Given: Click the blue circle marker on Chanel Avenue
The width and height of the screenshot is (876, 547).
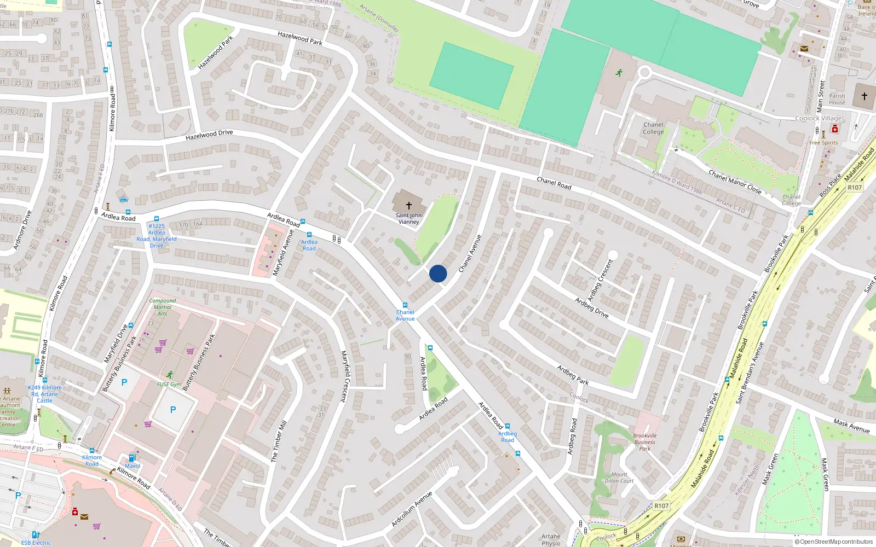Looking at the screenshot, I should coord(438,273).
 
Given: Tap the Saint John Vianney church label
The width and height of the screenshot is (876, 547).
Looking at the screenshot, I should coord(408,219).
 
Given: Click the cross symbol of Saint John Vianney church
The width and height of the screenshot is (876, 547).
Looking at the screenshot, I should coord(408,206).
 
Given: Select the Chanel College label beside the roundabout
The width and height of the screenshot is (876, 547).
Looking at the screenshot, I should coord(653,128).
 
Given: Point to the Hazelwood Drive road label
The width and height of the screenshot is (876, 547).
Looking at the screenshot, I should coord(209,135).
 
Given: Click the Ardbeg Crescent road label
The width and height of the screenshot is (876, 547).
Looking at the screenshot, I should coord(600,280).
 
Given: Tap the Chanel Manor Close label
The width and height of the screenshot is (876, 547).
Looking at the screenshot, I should coord(735,182).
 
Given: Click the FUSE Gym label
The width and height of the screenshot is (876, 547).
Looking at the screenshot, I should coord(169,385).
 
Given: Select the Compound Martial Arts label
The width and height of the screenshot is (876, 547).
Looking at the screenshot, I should coord(163,307).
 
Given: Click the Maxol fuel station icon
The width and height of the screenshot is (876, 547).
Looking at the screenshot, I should coord(132,458).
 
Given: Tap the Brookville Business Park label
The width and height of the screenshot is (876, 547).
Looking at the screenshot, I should coord(645,442).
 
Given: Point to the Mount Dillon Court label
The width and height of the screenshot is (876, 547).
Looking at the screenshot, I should coord(619,478).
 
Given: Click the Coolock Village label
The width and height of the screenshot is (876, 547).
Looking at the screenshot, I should coord(819,118).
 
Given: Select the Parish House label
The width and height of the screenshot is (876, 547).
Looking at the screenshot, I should coord(837,99).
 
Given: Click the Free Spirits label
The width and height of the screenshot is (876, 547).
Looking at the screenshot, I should coord(823,143).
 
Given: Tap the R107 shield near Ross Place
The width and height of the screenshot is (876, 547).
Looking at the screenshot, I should coord(855,188).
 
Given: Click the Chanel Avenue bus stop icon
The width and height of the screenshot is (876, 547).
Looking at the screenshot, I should coord(405,305).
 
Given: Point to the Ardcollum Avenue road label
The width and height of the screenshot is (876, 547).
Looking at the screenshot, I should coord(412,509).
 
